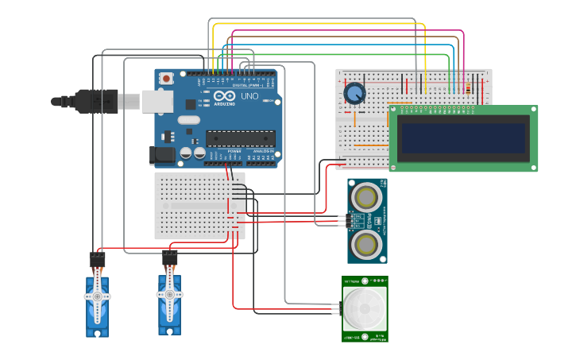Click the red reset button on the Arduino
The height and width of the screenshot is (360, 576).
coord(166,78)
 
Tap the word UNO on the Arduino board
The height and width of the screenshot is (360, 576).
coord(249,96)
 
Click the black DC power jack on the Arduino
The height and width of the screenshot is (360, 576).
coord(163,155)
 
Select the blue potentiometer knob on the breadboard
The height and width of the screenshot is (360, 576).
coord(354,94)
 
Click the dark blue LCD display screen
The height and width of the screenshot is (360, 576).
coord(464,138)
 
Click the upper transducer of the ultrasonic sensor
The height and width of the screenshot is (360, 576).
coord(367,195)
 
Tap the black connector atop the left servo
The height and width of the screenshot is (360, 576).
coord(97,260)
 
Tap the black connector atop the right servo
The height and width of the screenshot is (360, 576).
coord(169,258)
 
